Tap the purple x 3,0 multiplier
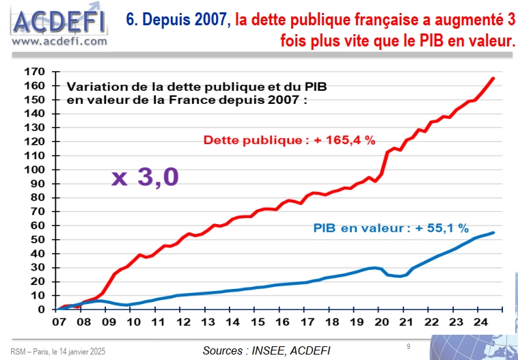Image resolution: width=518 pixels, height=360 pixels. click(145, 176)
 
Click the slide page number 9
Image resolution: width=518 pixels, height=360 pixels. click(408, 346)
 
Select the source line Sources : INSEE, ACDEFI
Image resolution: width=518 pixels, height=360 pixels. click(267, 350)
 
